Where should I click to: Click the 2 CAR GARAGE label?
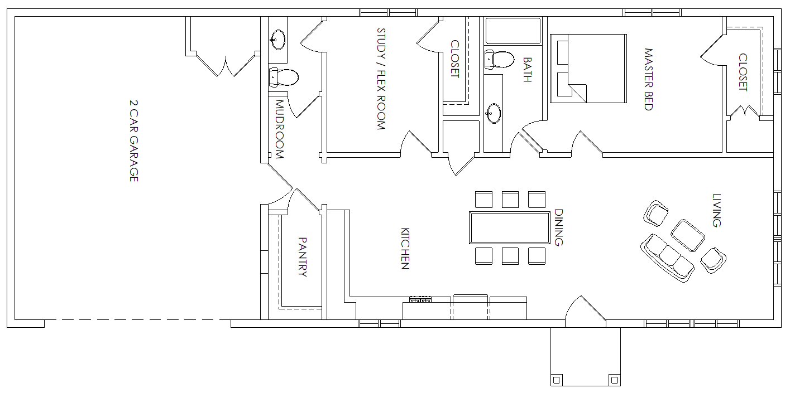pos(133,141)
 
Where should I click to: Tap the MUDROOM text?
pos(279,129)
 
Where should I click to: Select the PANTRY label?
pos(303,257)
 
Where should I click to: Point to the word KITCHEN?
pos(405,249)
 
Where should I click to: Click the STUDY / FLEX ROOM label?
pos(381,79)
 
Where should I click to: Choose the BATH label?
pos(527,70)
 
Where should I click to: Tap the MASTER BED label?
pos(649,80)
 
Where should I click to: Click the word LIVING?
pos(716,210)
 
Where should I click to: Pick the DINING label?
pos(559,227)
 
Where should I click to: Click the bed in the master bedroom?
pos(588,69)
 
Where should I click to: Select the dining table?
pos(510,227)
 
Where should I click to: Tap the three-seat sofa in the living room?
pos(667,258)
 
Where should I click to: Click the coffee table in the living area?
pos(687,235)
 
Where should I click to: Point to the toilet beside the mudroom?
pos(284,77)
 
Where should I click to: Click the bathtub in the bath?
pos(513,31)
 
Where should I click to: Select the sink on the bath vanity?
pos(494,113)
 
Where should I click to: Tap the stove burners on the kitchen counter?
pos(420,300)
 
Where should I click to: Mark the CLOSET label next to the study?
pos(455,59)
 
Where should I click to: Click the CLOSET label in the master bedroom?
pos(743,72)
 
